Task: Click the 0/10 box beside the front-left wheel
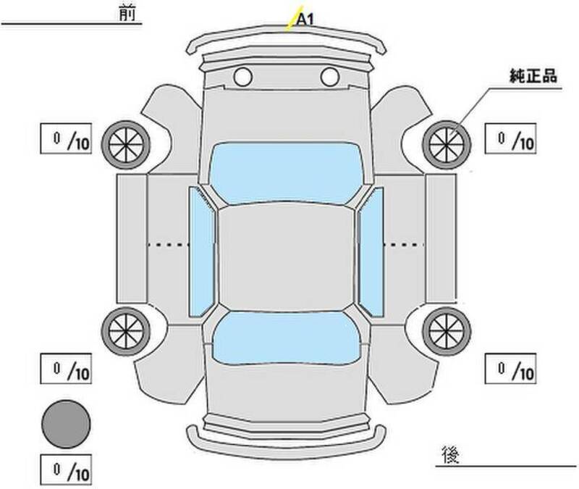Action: (x=66, y=138)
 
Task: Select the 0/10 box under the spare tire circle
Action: (x=66, y=471)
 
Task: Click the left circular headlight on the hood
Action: (x=242, y=75)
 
